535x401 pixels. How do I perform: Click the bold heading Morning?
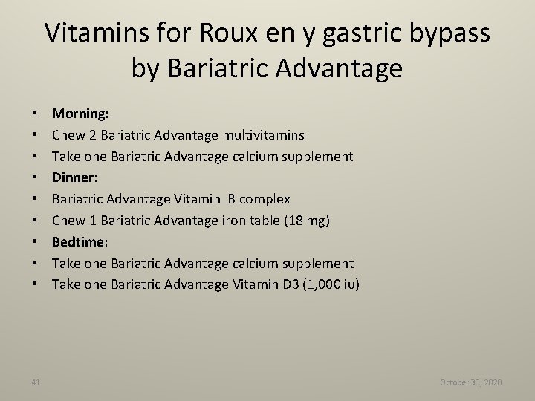[x=80, y=114]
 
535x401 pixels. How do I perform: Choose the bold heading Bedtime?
[x=80, y=242]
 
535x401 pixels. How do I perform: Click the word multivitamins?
[x=263, y=135]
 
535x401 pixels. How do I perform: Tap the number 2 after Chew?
[x=94, y=135]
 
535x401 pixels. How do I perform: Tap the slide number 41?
[x=36, y=382]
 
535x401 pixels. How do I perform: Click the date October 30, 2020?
[x=470, y=382]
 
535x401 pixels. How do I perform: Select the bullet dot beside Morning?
[x=36, y=114]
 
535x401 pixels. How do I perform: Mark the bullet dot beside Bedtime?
[x=36, y=242]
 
